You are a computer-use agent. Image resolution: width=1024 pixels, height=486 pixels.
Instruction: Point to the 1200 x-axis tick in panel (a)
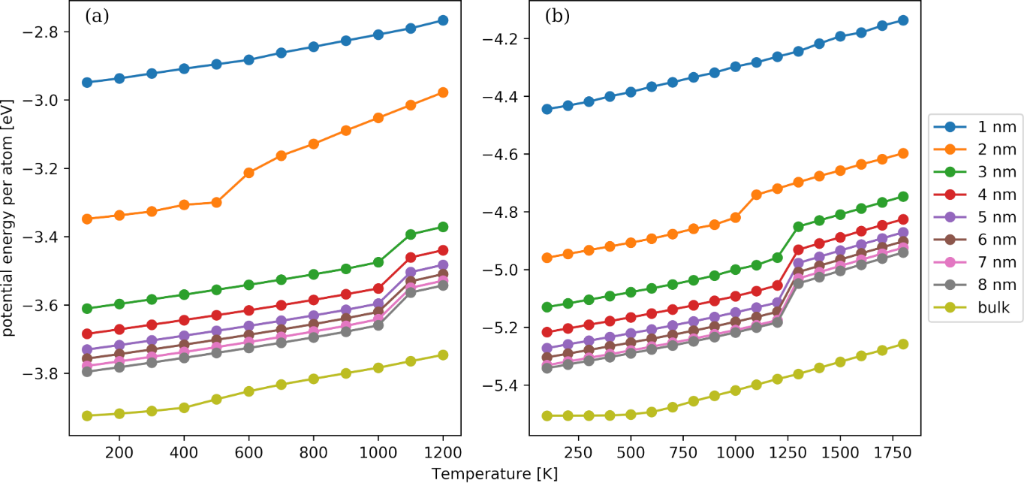point(442,451)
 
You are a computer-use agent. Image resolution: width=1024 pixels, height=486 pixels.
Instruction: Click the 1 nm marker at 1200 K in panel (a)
point(442,21)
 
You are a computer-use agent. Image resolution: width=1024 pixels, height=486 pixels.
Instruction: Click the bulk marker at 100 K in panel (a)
point(87,415)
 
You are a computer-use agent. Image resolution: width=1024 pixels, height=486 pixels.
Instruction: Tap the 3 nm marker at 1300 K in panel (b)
point(798,227)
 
